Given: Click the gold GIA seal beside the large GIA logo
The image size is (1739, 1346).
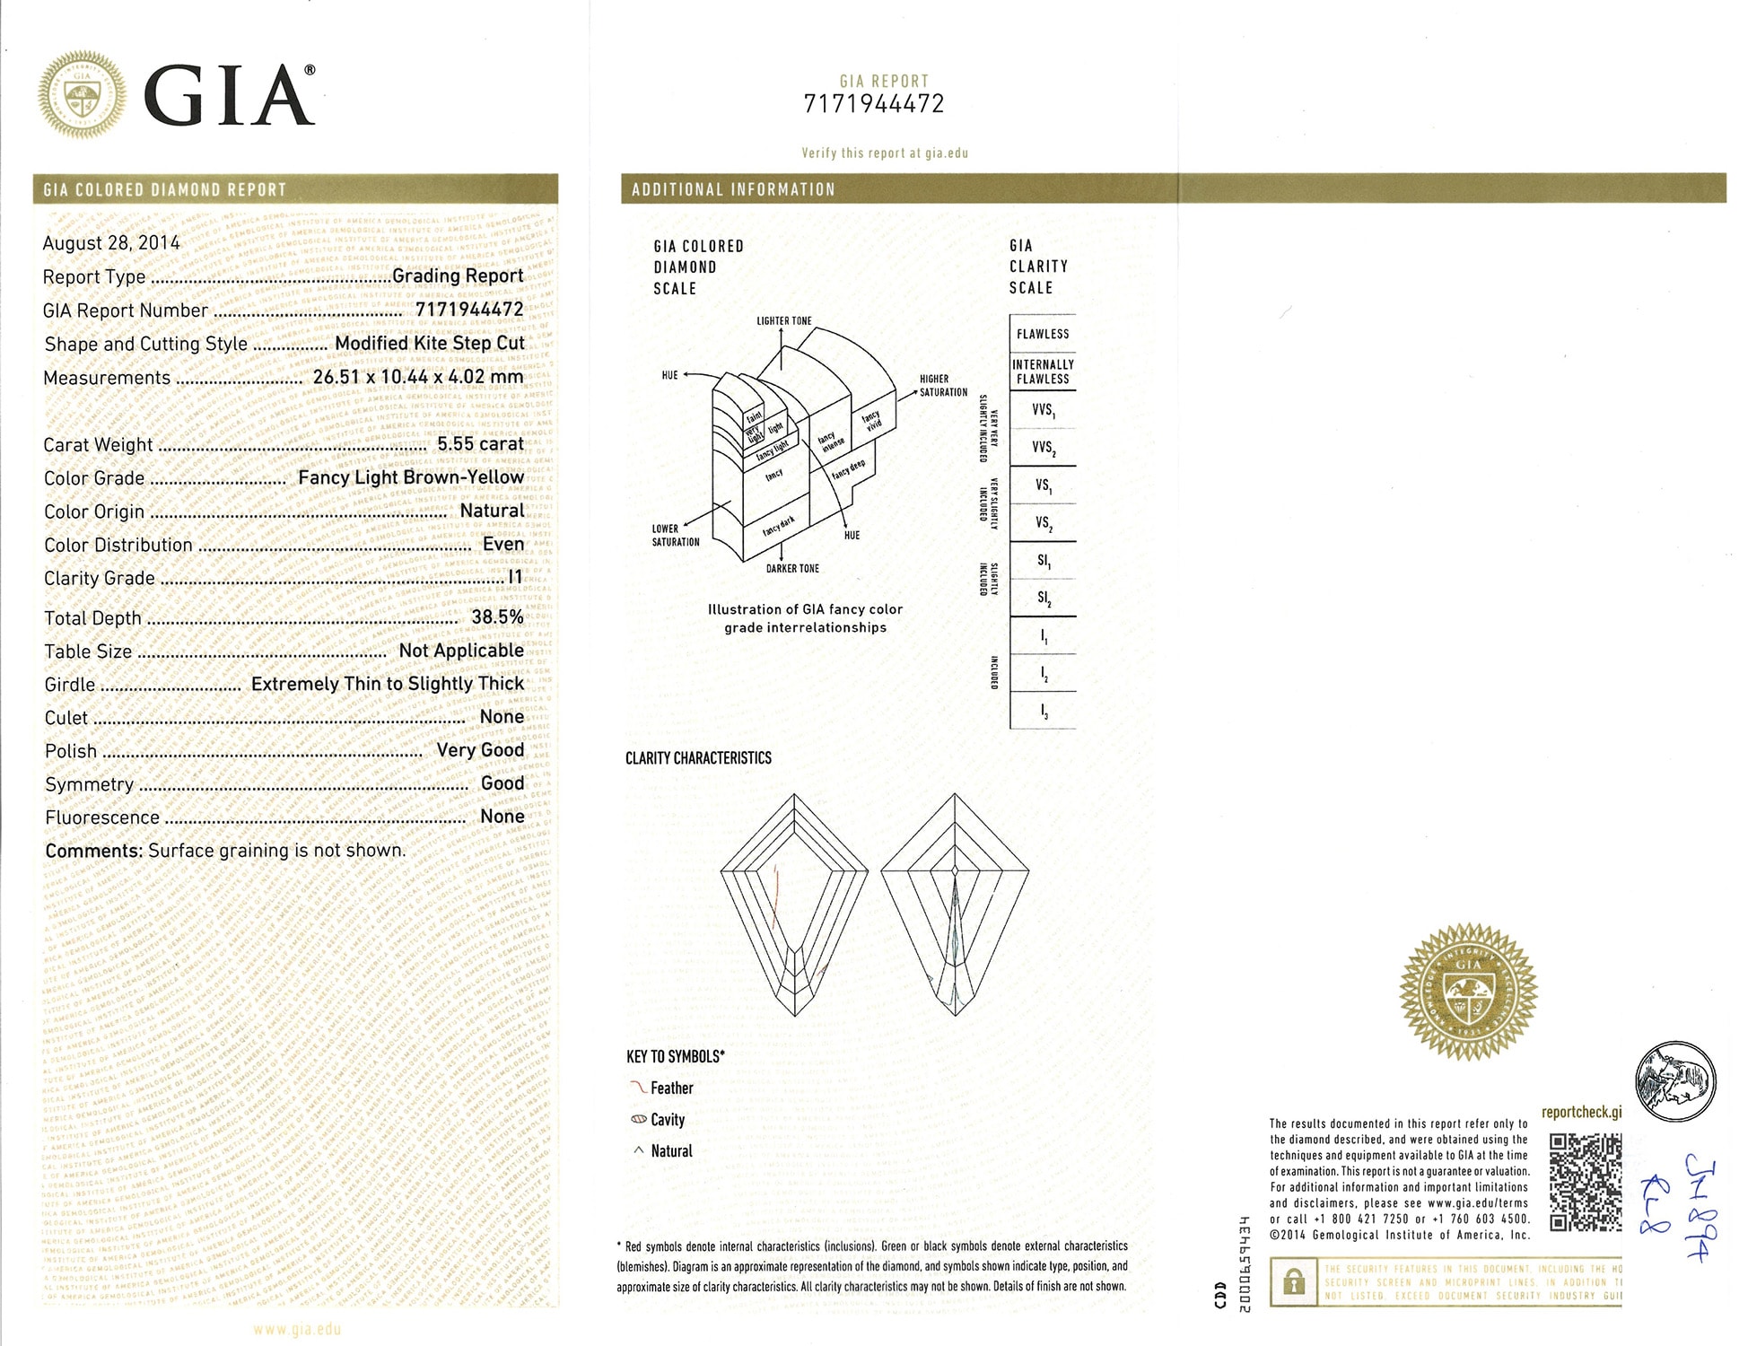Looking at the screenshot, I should coord(82,95).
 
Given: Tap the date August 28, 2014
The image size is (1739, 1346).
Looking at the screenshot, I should coord(111,243).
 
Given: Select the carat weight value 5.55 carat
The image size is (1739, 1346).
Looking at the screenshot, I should coord(480,444).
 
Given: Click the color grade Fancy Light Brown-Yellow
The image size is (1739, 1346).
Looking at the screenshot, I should coord(410,477).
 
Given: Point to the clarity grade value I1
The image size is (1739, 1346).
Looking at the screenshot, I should coord(515,577).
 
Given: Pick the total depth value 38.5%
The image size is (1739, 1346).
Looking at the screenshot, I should coord(497,617).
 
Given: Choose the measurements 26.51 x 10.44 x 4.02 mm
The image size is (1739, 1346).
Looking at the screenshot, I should coord(417,377).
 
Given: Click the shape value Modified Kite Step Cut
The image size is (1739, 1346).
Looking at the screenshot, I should coord(429,344).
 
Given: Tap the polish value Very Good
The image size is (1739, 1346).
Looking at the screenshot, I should coord(480,750).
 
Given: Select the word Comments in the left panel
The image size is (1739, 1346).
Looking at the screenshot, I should coord(93,851).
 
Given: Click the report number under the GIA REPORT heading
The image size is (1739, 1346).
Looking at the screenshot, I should coord(874,105).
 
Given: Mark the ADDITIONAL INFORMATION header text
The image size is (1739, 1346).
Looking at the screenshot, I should coord(733,189).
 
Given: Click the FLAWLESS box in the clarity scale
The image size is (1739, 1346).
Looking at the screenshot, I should coord(1043,334).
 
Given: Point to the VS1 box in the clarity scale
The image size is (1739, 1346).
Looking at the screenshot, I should coord(1043,485).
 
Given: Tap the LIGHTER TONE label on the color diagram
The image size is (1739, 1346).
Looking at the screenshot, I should coord(783,321).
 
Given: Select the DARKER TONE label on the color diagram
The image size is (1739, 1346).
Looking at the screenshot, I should coord(792,569).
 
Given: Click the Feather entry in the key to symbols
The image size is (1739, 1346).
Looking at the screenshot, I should coord(671,1088).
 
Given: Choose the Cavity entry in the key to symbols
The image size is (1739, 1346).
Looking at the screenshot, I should coord(667,1120).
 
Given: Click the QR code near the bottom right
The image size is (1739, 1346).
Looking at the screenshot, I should coord(1586,1182).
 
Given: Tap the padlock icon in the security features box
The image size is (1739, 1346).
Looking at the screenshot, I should coord(1294,1282).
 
